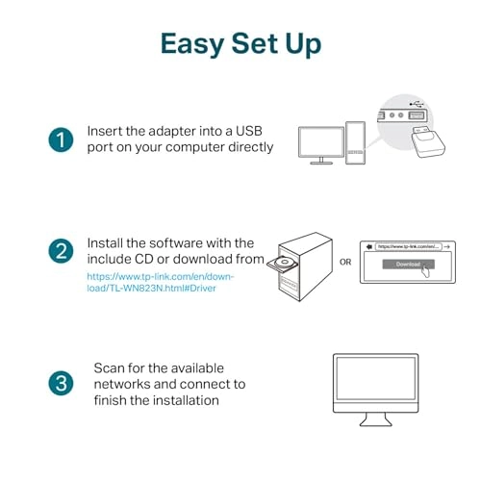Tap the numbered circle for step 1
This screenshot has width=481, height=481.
pyautogui.click(x=61, y=139)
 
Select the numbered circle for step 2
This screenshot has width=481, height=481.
pyautogui.click(x=61, y=253)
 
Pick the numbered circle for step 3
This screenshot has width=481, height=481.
pyautogui.click(x=61, y=384)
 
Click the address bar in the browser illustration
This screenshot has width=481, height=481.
pyautogui.click(x=408, y=247)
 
